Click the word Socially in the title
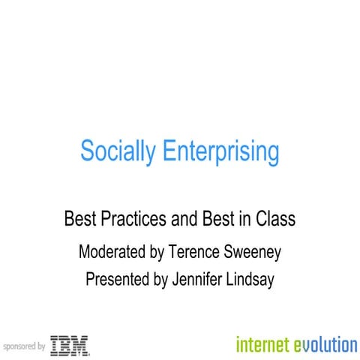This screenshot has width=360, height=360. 112,151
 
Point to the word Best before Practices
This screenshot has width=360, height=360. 79,220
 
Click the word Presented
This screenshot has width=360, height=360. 121,280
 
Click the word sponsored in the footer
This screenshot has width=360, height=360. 19,347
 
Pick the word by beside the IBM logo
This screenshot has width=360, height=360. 41,347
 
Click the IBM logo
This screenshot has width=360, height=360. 70,346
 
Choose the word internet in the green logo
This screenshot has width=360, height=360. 262,345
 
